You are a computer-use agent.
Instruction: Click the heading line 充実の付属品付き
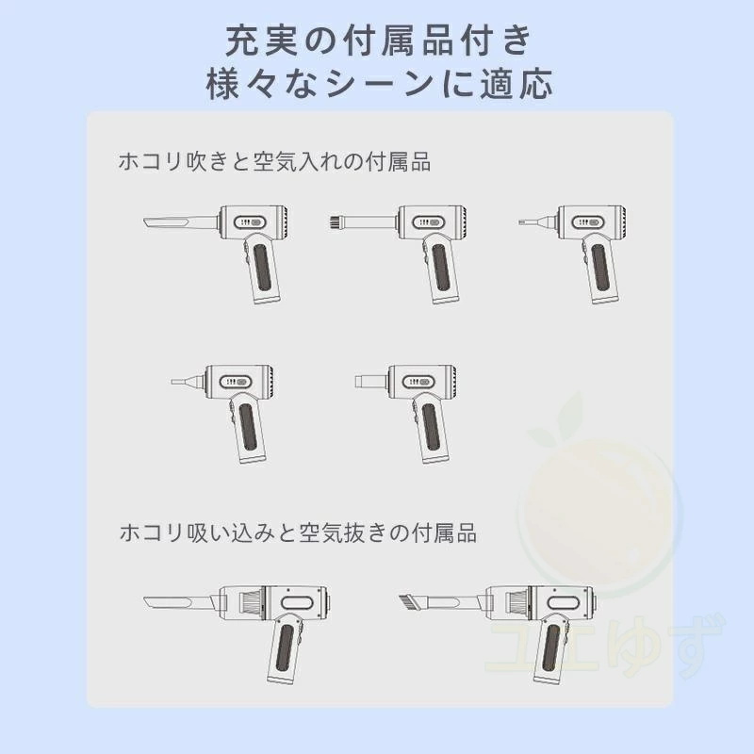pyautogui.click(x=378, y=41)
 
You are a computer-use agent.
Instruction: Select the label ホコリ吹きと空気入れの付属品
pyautogui.click(x=274, y=161)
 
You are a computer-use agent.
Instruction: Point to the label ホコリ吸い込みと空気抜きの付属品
pyautogui.click(x=298, y=533)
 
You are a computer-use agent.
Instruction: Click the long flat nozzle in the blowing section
pyautogui.click(x=180, y=223)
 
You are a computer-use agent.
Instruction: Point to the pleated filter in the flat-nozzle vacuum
pyautogui.click(x=252, y=603)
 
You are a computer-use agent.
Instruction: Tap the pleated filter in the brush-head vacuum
pyautogui.click(x=516, y=603)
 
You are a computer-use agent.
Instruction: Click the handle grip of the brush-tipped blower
pyautogui.click(x=440, y=269)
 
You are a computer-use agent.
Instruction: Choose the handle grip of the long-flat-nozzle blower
pyautogui.click(x=262, y=269)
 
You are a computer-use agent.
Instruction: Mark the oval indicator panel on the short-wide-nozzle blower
pyautogui.click(x=418, y=382)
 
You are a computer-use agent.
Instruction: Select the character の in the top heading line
pyautogui.click(x=321, y=41)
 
